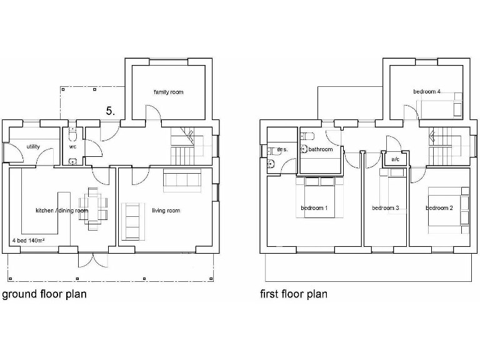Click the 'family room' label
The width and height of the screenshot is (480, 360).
[169, 92]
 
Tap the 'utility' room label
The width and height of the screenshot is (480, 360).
[33, 147]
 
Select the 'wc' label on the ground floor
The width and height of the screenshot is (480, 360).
[72, 147]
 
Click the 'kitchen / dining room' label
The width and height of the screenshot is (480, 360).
[62, 211]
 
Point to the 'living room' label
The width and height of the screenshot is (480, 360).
[166, 211]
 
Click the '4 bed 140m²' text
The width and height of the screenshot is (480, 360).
[31, 240]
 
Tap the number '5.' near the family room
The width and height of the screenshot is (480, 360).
[110, 111]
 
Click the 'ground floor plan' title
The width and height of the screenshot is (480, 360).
[44, 294]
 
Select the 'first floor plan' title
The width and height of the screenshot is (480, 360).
[294, 294]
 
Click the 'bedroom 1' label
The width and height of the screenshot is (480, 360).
[314, 207]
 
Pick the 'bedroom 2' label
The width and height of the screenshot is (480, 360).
[439, 207]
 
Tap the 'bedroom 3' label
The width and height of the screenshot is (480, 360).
[385, 207]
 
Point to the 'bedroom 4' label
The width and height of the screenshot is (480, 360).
[427, 92]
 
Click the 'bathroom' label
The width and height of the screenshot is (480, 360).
[321, 150]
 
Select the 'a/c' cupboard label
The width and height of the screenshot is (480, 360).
[395, 160]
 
